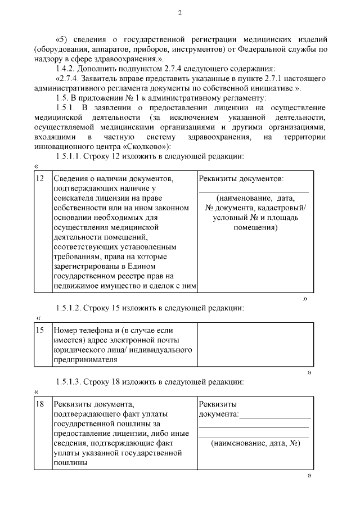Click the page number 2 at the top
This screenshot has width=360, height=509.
pos(179,13)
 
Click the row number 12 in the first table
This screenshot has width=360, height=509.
pos(40,178)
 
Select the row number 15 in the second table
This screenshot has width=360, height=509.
pos(40,330)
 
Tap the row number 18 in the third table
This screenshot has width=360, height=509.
pos(40,404)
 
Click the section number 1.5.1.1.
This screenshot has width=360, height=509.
pos(72,156)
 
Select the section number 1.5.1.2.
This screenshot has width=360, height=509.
pos(72,308)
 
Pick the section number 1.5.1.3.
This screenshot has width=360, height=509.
pos(72,382)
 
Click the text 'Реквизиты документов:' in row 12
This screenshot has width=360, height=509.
pos(241,178)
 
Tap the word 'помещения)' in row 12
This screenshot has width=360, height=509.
pos(253,228)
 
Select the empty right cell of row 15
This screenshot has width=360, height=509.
pos(253,344)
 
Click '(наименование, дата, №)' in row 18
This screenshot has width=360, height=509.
pos(255,443)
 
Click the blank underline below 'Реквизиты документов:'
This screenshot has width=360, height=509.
pos(253,191)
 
